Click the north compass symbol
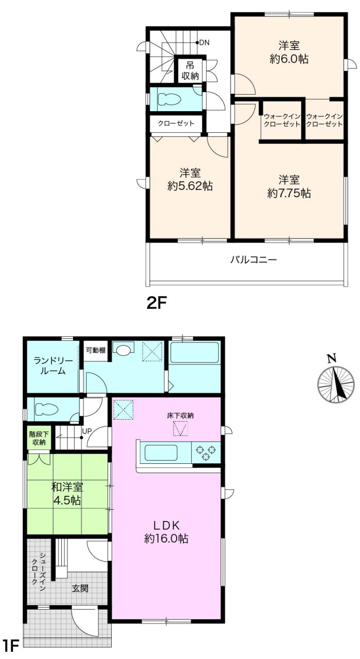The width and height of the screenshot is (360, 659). (336, 384)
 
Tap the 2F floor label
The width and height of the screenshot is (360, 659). (158, 303)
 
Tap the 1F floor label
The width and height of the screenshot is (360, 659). (11, 646)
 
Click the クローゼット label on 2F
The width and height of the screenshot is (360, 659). (176, 124)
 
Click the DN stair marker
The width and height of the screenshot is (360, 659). (203, 42)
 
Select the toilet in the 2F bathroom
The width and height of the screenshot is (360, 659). (169, 99)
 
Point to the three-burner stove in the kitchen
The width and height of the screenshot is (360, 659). (206, 453)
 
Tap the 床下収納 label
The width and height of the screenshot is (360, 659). (180, 415)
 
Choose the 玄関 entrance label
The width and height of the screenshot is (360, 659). (78, 587)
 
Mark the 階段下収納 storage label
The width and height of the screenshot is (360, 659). (38, 438)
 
